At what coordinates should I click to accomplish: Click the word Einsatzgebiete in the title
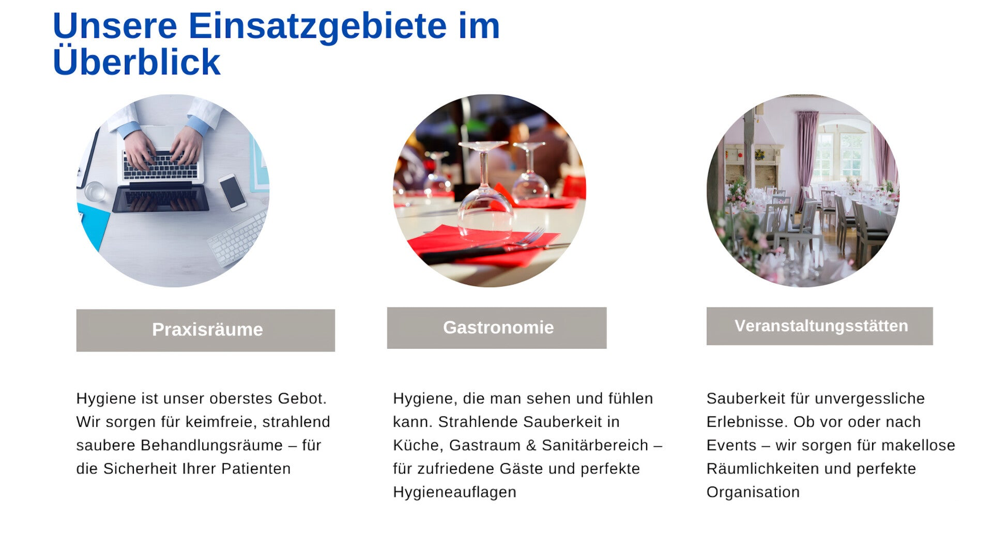(x=317, y=26)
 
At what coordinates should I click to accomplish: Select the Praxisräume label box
(x=206, y=330)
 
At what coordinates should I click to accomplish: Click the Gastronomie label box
(x=497, y=328)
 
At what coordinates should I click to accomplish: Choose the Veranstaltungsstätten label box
(x=820, y=326)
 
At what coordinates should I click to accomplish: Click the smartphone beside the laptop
(x=233, y=192)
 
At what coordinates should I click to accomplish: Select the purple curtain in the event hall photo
(x=806, y=155)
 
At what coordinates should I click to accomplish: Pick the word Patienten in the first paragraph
(x=256, y=469)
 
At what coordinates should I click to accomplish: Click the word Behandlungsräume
(x=211, y=445)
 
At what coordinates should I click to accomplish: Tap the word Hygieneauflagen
(x=454, y=492)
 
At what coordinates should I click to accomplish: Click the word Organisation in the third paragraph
(x=753, y=492)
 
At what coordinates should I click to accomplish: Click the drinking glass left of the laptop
(x=95, y=191)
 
